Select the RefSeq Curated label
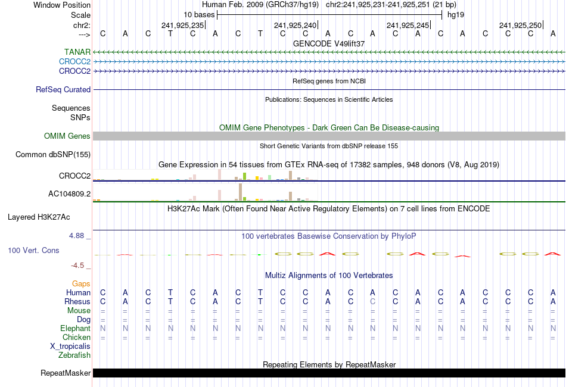tap(63, 90)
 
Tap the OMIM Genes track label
tap(67, 136)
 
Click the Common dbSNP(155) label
tap(53, 155)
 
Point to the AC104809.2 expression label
tap(69, 193)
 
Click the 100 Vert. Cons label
tap(33, 251)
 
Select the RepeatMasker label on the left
tap(66, 373)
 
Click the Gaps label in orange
tap(81, 284)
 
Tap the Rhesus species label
tap(77, 302)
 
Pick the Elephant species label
tap(75, 329)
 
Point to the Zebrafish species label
tap(74, 355)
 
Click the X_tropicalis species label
tap(70, 347)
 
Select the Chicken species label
tap(76, 338)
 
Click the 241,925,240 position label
tap(295, 25)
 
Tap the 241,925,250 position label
tap(520, 25)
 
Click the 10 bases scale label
tap(198, 14)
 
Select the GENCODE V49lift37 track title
tap(329, 43)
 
